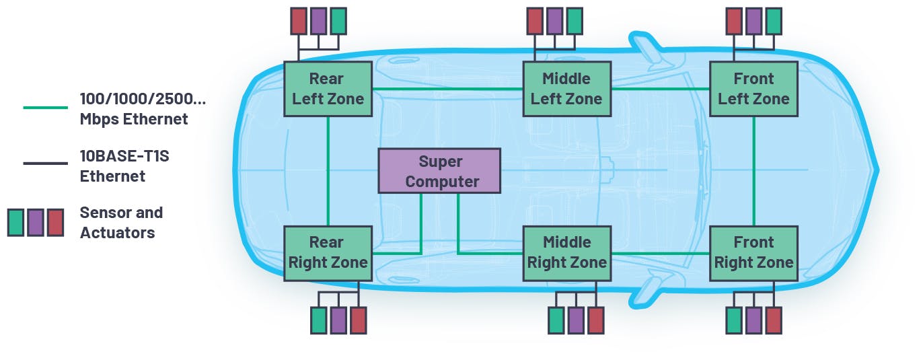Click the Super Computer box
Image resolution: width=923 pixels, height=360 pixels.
pyautogui.click(x=439, y=171)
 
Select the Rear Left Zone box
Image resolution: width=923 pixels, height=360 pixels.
pyautogui.click(x=328, y=89)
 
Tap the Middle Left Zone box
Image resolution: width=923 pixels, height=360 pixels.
pyautogui.click(x=566, y=89)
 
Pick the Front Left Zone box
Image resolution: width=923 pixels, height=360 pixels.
pyautogui.click(x=753, y=89)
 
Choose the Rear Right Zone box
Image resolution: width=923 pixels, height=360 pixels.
pyautogui.click(x=328, y=253)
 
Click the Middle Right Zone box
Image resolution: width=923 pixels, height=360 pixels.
pyautogui.click(x=566, y=253)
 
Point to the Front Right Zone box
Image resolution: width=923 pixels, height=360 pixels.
pyautogui.click(x=753, y=253)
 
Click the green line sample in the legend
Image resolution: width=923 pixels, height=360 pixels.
pyautogui.click(x=45, y=108)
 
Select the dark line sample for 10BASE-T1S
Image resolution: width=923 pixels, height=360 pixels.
pyautogui.click(x=45, y=164)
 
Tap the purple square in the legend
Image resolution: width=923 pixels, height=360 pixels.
pyautogui.click(x=36, y=222)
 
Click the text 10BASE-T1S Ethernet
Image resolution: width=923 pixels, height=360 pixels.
pyautogui.click(x=113, y=166)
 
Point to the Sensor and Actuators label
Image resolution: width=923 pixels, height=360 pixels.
pyautogui.click(x=121, y=223)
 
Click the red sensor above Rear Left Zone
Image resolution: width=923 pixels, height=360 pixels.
pyautogui.click(x=298, y=21)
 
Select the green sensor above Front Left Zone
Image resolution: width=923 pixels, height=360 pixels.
pyautogui.click(x=774, y=21)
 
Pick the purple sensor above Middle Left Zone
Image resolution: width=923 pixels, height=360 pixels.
pyautogui.click(x=554, y=21)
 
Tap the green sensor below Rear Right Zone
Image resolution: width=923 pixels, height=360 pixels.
pyautogui.click(x=318, y=320)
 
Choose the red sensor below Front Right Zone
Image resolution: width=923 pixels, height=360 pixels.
pyautogui.click(x=774, y=320)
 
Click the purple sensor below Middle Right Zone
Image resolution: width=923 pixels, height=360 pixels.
pyautogui.click(x=576, y=320)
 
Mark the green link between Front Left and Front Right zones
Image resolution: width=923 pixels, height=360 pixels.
pyautogui.click(x=753, y=171)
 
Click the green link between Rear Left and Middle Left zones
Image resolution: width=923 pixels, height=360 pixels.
pyautogui.click(x=447, y=89)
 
